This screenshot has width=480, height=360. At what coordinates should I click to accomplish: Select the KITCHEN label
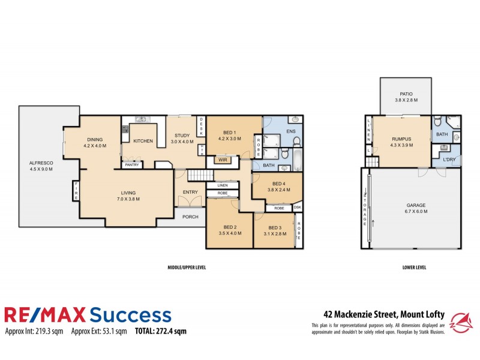tap(143, 141)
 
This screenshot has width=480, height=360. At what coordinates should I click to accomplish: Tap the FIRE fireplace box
tap(76, 191)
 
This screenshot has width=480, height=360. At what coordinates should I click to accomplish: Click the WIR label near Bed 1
tap(222, 160)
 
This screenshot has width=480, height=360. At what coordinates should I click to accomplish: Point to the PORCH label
tap(190, 217)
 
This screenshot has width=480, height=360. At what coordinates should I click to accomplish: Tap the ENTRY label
tap(190, 192)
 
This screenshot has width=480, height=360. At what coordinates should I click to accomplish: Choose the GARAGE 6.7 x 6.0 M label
tap(413, 208)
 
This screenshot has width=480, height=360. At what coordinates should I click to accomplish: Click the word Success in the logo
tap(131, 315)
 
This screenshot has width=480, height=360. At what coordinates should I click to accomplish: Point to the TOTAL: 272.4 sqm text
tap(161, 331)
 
